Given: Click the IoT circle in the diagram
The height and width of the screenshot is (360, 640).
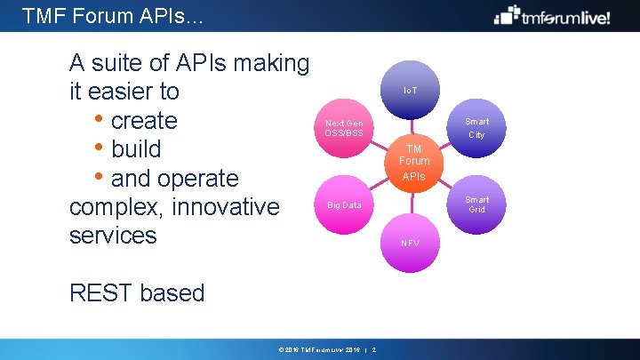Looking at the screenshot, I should (x=410, y=91).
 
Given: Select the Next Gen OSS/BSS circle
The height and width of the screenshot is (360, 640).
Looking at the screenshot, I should (x=344, y=128).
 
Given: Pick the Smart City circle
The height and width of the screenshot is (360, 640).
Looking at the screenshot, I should (x=476, y=128).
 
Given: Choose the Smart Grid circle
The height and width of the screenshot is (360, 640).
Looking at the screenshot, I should (x=476, y=204).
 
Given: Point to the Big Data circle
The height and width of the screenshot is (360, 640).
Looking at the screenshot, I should (x=344, y=204).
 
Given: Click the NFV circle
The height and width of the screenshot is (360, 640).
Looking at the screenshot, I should (x=410, y=243).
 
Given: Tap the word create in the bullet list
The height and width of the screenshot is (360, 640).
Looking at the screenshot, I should (x=144, y=120).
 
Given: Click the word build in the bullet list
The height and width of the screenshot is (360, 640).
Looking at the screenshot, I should (x=136, y=148).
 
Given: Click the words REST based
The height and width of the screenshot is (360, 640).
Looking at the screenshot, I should (x=136, y=293).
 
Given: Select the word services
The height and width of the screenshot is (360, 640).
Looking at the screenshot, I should (x=112, y=236).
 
